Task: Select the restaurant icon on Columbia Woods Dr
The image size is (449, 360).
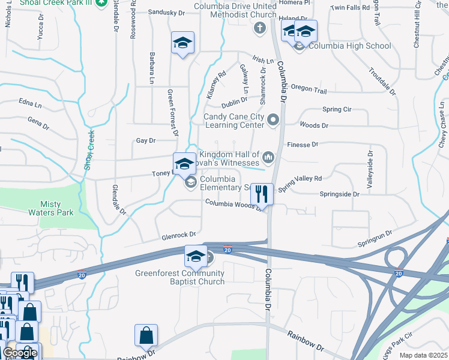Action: pyautogui.click(x=261, y=193)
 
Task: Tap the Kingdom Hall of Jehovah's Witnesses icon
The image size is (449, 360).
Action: pyautogui.click(x=268, y=158)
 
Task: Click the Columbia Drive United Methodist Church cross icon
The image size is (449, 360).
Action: pyautogui.click(x=260, y=28)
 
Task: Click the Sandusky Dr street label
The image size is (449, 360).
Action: pyautogui.click(x=166, y=12)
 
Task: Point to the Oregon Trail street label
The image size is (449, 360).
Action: pyautogui.click(x=309, y=89)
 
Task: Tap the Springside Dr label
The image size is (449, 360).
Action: pyautogui.click(x=339, y=194)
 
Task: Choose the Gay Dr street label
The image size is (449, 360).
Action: pyautogui.click(x=146, y=140)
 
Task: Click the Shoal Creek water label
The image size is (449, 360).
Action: pyautogui.click(x=90, y=151)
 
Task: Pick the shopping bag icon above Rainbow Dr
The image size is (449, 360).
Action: pyautogui.click(x=146, y=336)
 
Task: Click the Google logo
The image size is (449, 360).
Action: pyautogui.click(x=19, y=353)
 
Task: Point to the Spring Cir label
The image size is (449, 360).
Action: pyautogui.click(x=337, y=110)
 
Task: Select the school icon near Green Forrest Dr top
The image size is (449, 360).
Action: pyautogui.click(x=182, y=43)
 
